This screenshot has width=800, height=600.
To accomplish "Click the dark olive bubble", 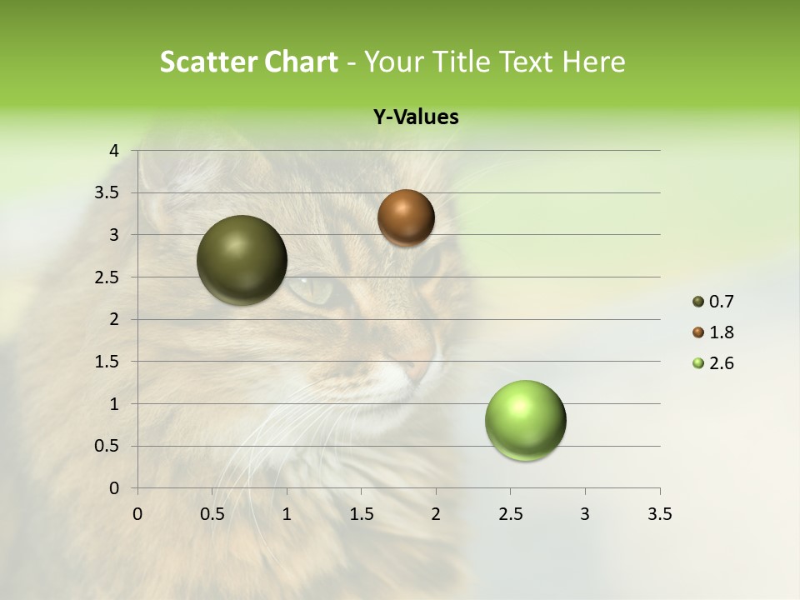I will (242, 260).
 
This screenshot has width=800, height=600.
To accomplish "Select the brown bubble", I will (406, 217).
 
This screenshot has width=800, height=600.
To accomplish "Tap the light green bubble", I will (525, 420).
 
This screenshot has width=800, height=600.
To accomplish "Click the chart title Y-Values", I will (415, 117).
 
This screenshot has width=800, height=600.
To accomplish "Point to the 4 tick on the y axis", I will (115, 151).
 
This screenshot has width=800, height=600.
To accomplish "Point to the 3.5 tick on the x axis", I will (659, 514).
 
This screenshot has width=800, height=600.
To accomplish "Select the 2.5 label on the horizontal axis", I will (510, 514).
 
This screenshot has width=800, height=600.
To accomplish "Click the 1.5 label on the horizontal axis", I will (361, 514).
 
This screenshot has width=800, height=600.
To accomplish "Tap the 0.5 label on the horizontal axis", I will (212, 514).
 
